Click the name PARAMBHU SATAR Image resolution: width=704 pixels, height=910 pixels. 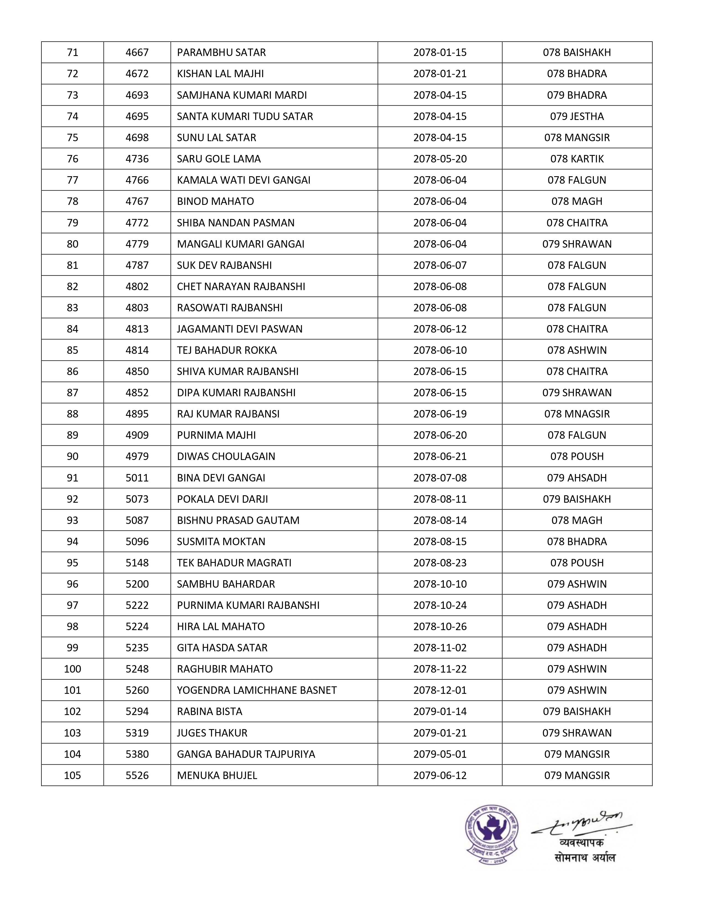coord(221,52)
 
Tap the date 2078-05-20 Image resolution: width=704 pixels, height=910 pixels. coord(440,159)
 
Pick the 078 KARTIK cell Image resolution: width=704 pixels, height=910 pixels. coord(577,159)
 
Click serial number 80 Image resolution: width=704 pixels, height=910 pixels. coord(73,244)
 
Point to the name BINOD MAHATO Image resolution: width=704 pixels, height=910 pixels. coord(216,201)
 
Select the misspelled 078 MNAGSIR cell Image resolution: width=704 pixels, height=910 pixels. coord(577,414)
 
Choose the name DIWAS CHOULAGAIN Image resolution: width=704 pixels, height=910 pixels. coord(226,456)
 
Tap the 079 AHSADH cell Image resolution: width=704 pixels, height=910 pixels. coord(577,478)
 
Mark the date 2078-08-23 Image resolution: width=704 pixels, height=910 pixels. coord(440,563)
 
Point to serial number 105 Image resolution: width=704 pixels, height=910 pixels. coord(73,775)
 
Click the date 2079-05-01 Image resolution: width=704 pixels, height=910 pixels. coord(440,754)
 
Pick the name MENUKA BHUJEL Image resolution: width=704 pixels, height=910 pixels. coord(217,775)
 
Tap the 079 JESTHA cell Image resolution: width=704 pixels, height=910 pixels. coord(577,116)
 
